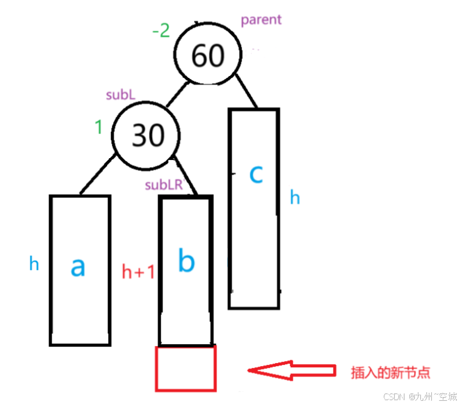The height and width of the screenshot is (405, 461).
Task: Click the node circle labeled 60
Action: click(207, 55)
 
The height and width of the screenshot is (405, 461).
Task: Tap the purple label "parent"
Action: click(261, 19)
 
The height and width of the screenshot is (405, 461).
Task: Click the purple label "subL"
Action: click(121, 95)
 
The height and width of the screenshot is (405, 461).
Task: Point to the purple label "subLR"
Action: click(164, 185)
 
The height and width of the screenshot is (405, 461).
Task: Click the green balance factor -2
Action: click(161, 30)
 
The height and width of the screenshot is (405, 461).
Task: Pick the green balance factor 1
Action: click(97, 128)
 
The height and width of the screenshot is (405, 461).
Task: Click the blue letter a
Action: click(78, 266)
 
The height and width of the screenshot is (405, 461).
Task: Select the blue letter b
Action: click(185, 261)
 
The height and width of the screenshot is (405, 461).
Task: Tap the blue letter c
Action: click(256, 174)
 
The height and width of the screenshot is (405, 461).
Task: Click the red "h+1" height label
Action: click(138, 272)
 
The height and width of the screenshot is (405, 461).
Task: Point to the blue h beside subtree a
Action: click(35, 263)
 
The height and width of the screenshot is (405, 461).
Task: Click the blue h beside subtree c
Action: click(294, 198)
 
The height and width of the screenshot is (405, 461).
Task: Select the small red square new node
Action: click(185, 368)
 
